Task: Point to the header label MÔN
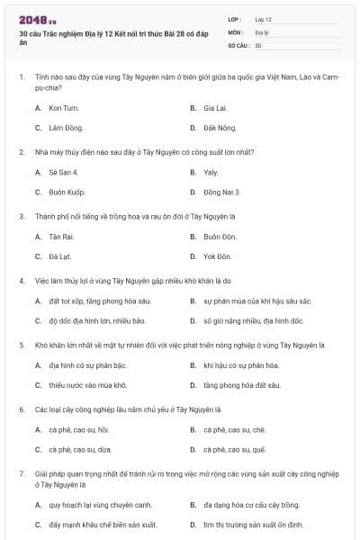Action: click(236, 31)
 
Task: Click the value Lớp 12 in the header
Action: click(263, 19)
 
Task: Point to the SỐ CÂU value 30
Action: click(258, 44)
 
